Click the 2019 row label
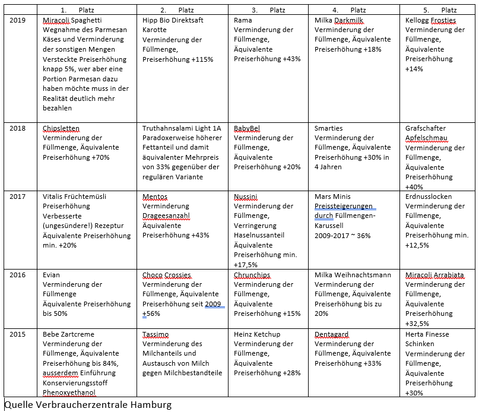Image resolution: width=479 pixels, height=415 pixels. tap(18, 20)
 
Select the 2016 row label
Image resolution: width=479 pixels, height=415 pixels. tap(18, 275)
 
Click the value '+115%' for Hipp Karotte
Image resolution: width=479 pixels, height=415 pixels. tap(201, 59)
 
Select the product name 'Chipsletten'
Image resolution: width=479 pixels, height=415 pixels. tap(61, 128)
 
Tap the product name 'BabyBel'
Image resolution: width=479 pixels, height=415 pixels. tap(247, 128)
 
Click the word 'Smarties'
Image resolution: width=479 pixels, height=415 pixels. tap(329, 128)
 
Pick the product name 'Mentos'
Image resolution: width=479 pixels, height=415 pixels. tap(155, 197)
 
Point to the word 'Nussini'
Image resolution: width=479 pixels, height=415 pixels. tap(246, 197)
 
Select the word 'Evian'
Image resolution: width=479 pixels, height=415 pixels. tap(52, 275)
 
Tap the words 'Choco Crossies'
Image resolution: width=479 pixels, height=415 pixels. tap(167, 275)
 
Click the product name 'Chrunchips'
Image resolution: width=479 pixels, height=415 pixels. tap(252, 275)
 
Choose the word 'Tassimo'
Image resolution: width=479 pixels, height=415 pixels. tap(156, 334)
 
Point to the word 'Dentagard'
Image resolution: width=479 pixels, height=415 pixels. tap(331, 334)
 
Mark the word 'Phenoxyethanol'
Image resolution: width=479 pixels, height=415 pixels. tap(69, 392)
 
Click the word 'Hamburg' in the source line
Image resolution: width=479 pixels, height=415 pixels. tap(149, 406)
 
